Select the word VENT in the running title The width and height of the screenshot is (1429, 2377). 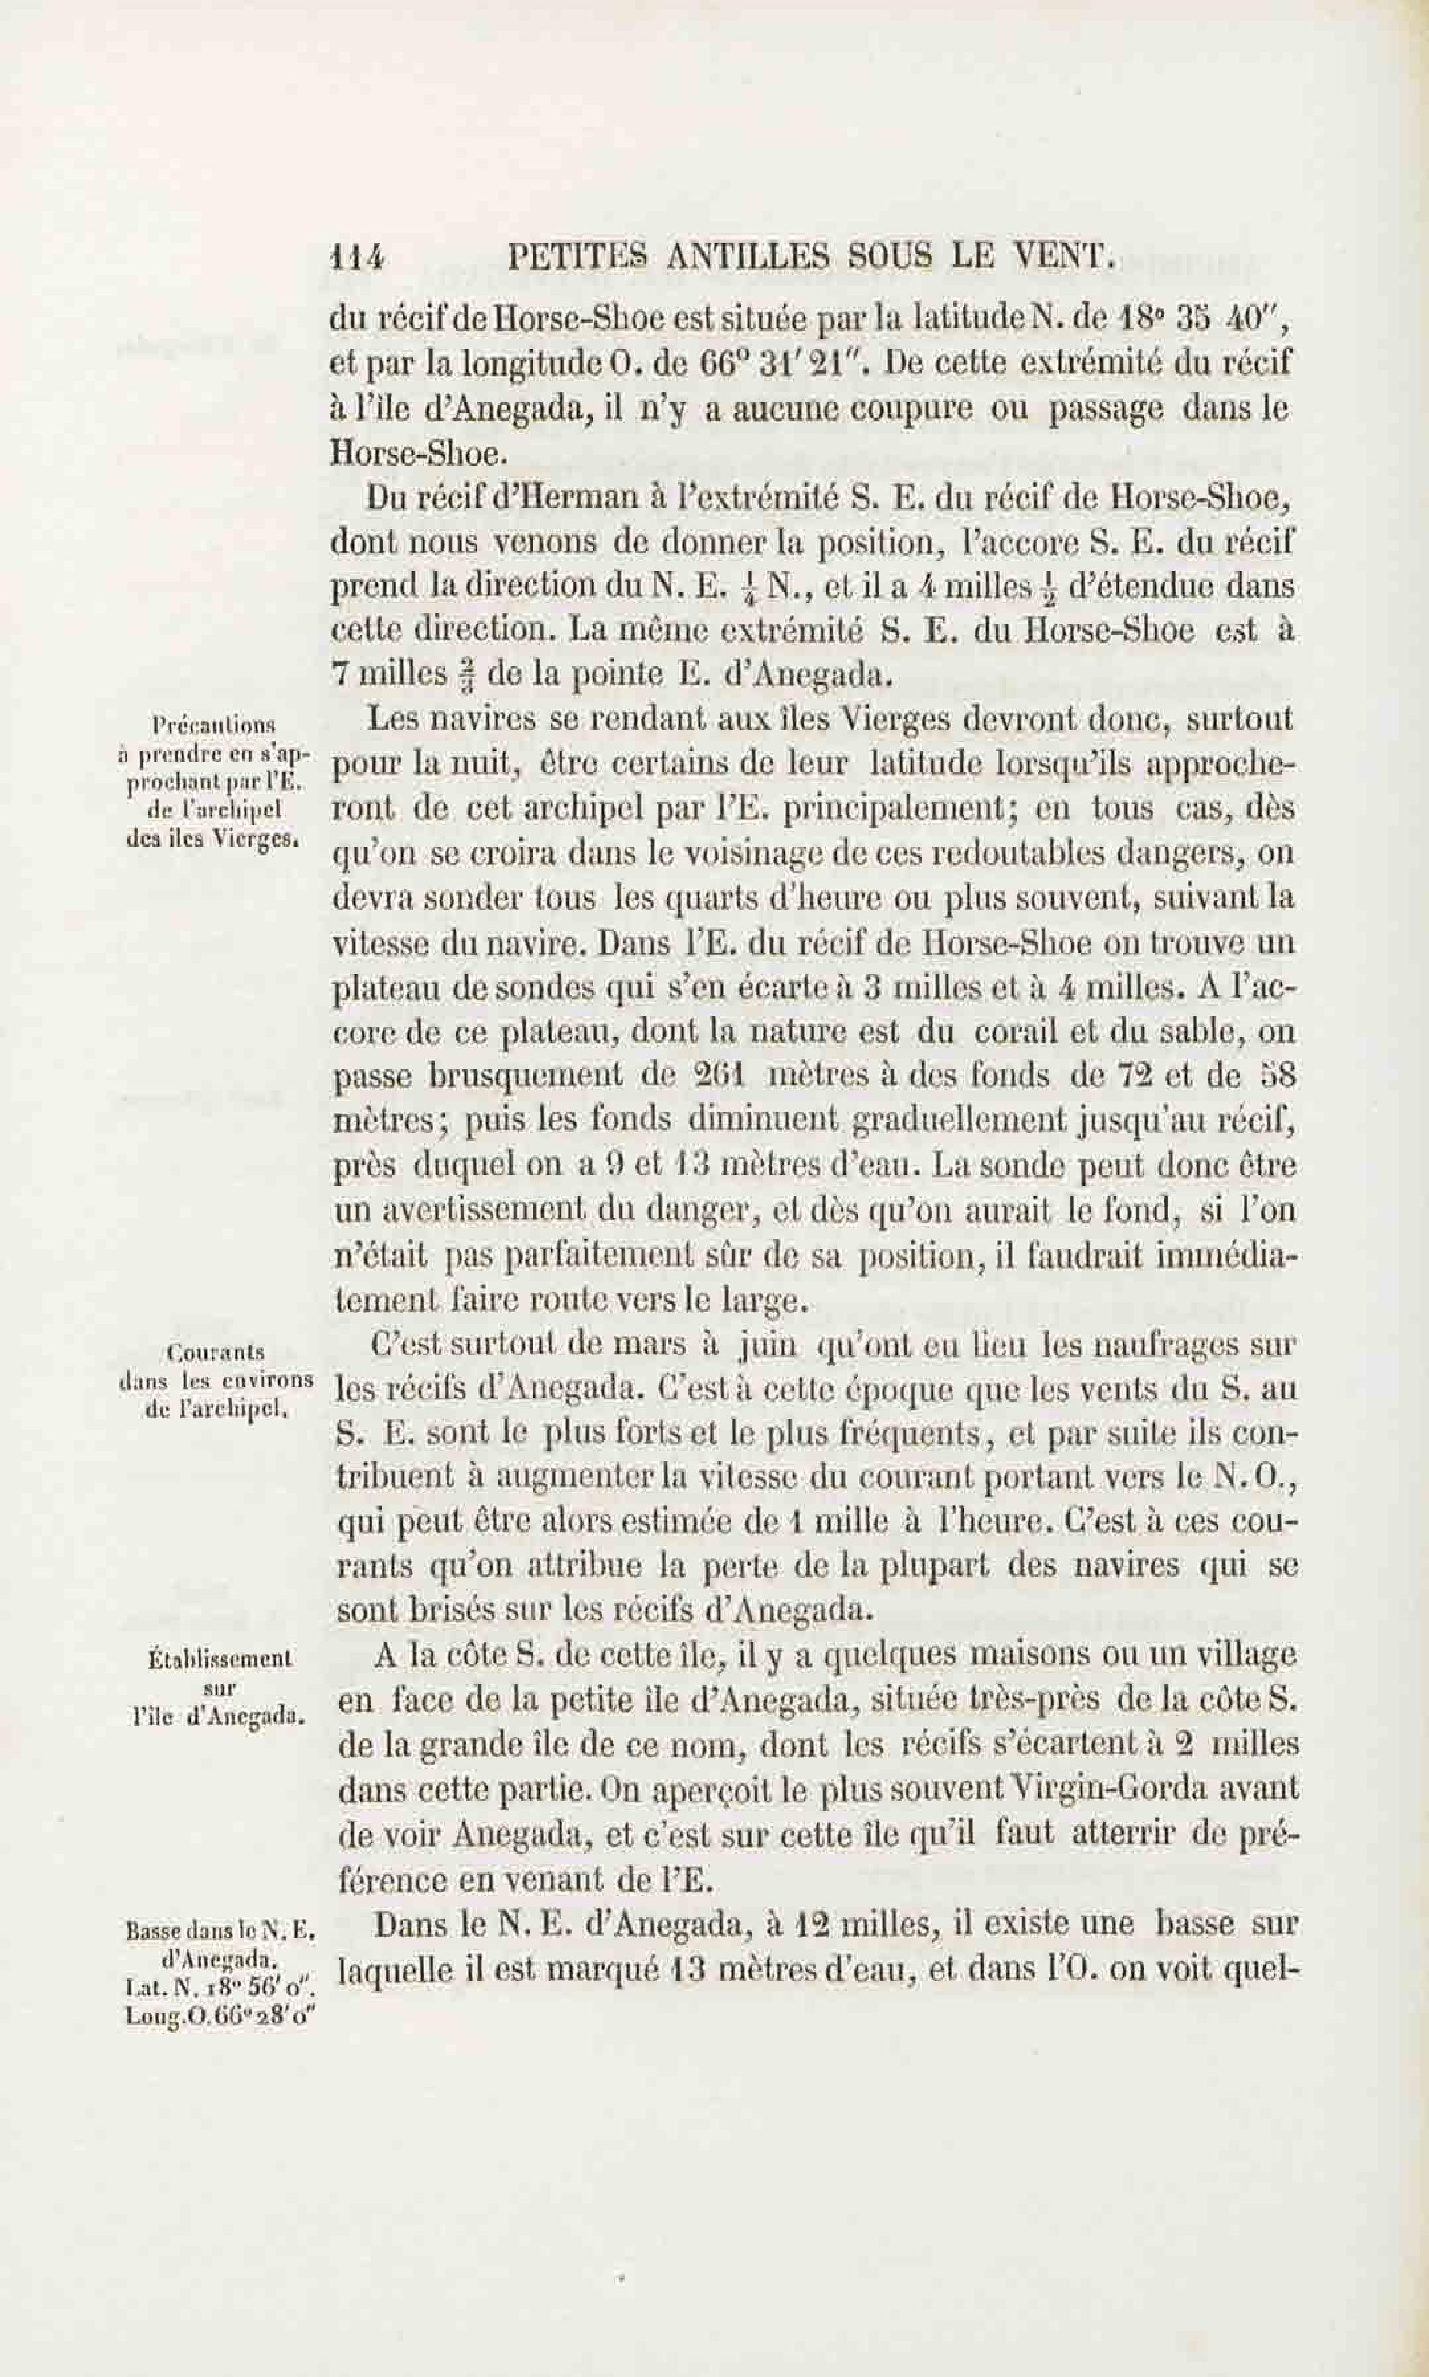point(1069,257)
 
